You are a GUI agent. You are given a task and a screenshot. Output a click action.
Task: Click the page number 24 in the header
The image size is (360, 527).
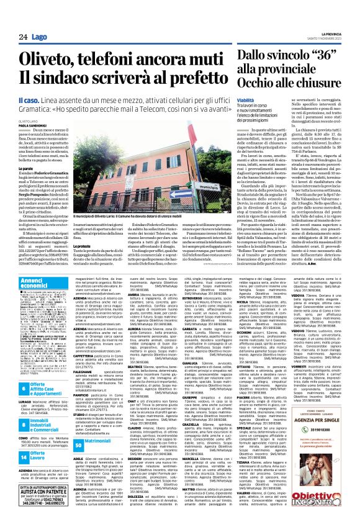click(x=24, y=37)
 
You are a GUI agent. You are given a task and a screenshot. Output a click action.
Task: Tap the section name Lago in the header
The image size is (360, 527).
click(x=39, y=37)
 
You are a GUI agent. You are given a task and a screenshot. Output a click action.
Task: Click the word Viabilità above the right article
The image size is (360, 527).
click(x=228, y=99)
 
